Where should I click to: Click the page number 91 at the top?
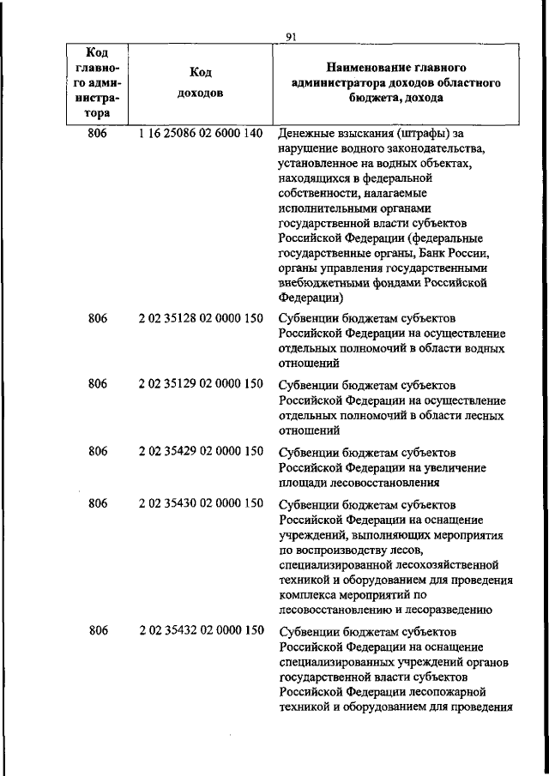point(290,36)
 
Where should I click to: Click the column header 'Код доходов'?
point(200,83)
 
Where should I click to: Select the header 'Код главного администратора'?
point(97,82)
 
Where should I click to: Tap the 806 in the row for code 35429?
point(98,450)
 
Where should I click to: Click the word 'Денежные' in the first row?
point(307,135)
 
